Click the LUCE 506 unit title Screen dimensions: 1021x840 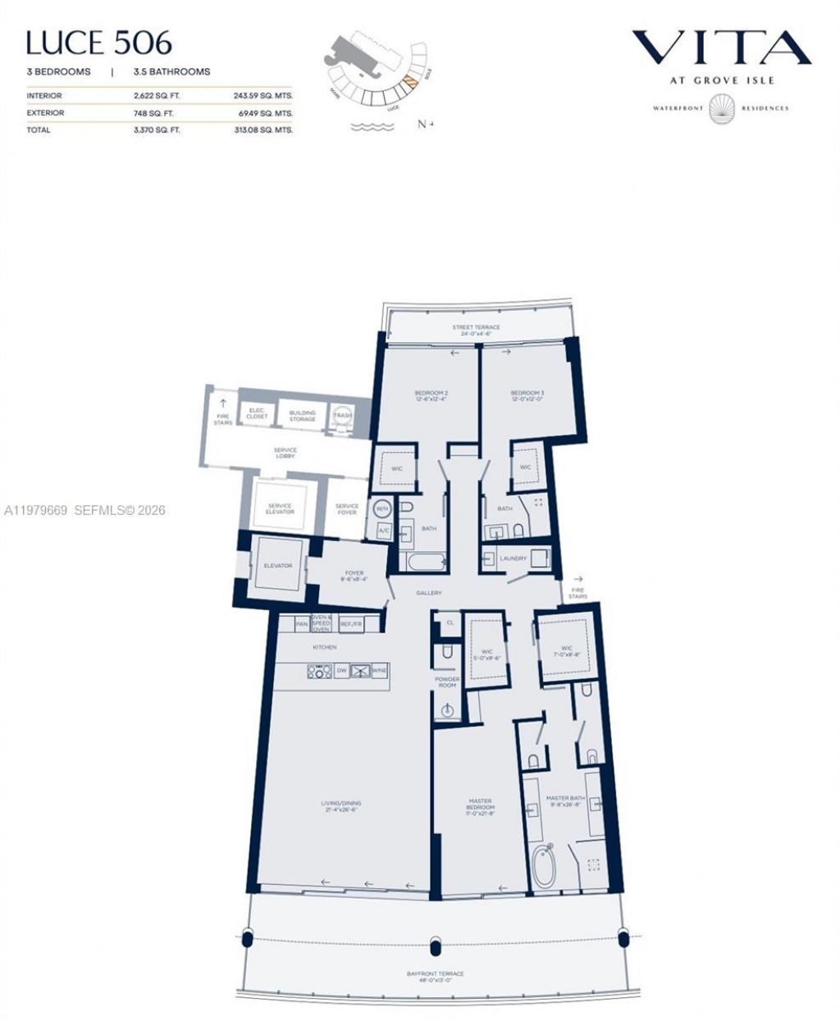pyautogui.click(x=99, y=43)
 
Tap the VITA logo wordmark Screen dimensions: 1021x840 pyautogui.click(x=721, y=49)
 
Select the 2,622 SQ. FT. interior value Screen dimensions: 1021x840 pyautogui.click(x=156, y=96)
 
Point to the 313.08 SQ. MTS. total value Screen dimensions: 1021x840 pyautogui.click(x=262, y=130)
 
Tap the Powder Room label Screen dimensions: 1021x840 pyautogui.click(x=447, y=681)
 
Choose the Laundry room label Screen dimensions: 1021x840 pyautogui.click(x=513, y=558)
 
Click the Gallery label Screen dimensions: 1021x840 pyautogui.click(x=429, y=593)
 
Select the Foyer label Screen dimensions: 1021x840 pyautogui.click(x=354, y=575)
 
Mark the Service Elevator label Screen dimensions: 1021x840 pyautogui.click(x=280, y=509)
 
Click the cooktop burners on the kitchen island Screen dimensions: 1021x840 pyautogui.click(x=319, y=671)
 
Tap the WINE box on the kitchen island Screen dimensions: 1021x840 pyautogui.click(x=378, y=671)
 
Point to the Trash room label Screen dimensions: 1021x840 pyautogui.click(x=342, y=415)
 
